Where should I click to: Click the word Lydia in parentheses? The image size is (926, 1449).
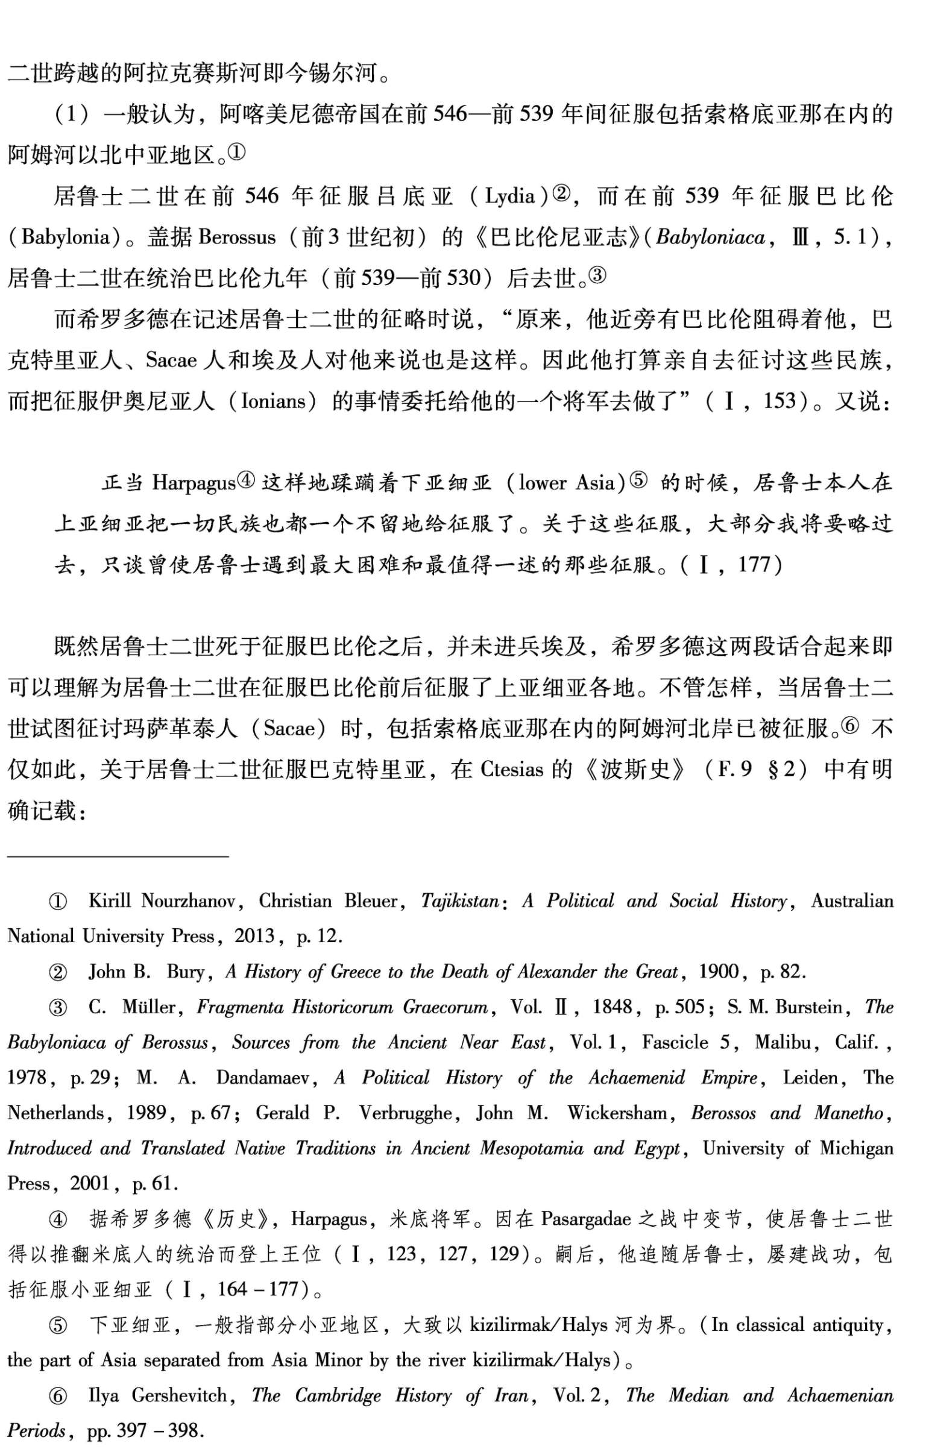[511, 196]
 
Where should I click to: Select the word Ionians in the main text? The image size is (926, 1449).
[273, 401]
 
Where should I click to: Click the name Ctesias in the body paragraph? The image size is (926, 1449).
[512, 770]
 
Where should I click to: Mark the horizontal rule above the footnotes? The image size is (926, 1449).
[118, 855]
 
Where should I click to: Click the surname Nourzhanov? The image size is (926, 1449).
[188, 901]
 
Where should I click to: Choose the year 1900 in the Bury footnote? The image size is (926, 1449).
[719, 972]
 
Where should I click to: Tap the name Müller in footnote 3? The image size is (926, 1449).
[149, 1007]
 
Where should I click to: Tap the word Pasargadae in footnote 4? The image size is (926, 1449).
[585, 1219]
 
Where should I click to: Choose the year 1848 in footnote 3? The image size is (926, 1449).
[613, 1007]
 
